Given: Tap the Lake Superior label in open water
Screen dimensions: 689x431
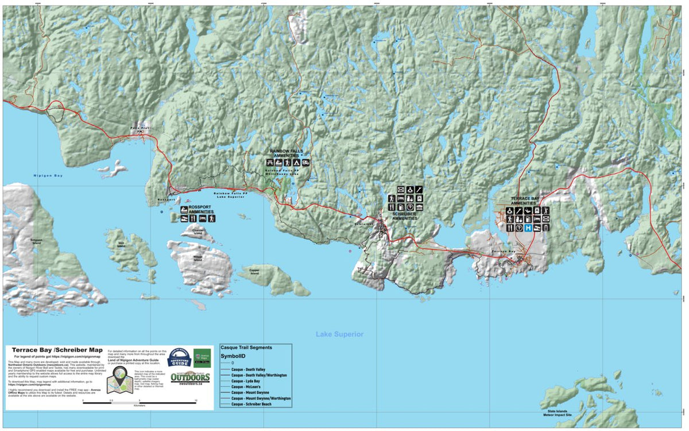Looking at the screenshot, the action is click(339, 334).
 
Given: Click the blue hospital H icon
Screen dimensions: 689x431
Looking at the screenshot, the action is click(528, 228).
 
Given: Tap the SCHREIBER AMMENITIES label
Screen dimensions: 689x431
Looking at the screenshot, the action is click(405, 217).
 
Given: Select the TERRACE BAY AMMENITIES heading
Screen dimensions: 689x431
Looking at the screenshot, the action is click(525, 201).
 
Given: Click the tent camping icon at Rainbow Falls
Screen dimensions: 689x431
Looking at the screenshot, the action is click(296, 163).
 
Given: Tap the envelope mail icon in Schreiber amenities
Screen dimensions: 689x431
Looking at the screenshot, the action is click(401, 190).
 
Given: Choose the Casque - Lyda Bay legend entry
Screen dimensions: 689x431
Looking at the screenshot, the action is click(246, 381).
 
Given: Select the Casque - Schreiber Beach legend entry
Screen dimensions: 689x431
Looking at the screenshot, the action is click(254, 404).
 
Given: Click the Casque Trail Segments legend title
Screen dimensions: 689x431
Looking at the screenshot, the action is click(246, 347).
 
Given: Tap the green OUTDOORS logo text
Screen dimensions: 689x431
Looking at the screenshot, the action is click(189, 378).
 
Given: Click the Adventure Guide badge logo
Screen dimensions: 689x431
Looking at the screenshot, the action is click(178, 358).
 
